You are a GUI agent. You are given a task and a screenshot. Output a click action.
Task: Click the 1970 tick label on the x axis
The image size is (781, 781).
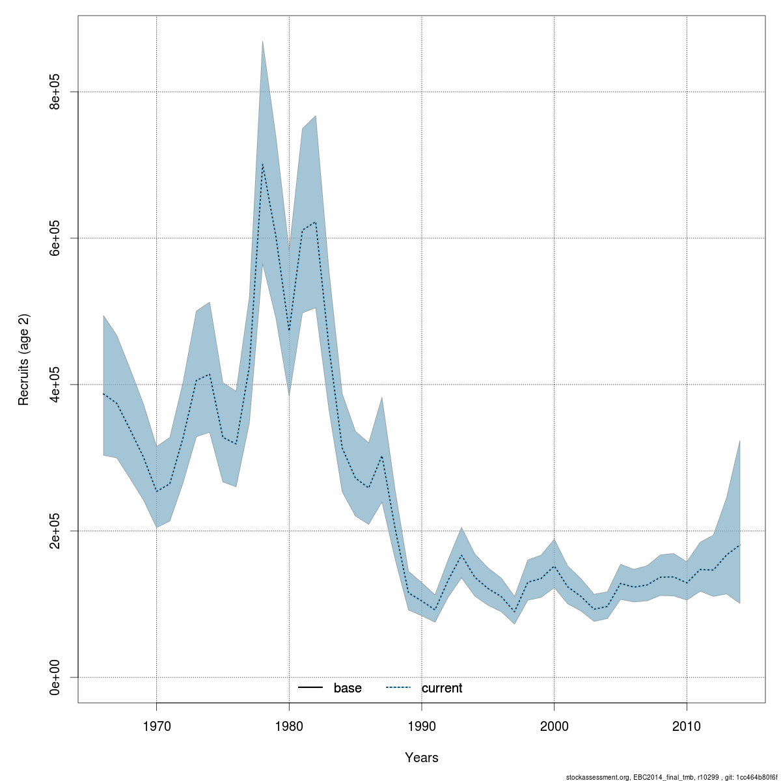(156, 726)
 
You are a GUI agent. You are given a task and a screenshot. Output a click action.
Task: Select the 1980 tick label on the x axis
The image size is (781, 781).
(289, 726)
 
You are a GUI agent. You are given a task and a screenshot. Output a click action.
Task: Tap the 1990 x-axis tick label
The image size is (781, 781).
(422, 726)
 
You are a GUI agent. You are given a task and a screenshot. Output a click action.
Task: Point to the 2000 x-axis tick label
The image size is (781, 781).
(554, 726)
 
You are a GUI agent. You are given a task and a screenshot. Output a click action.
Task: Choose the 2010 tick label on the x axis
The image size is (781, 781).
(687, 726)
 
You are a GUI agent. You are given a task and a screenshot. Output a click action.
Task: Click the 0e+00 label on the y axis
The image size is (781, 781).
(56, 678)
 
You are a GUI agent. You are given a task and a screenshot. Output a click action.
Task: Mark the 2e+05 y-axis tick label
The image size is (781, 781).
(56, 531)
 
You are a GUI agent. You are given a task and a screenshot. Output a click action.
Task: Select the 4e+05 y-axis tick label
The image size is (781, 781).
(56, 385)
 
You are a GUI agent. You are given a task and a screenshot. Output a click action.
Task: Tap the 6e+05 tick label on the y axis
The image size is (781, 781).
(56, 238)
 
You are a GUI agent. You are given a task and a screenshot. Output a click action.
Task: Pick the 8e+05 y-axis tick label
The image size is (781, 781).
(56, 92)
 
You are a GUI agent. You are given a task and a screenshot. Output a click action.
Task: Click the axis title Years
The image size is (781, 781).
(421, 758)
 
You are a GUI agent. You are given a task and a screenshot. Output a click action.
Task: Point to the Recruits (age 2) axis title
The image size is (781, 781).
(24, 360)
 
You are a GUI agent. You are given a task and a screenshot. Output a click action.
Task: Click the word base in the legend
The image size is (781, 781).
(348, 689)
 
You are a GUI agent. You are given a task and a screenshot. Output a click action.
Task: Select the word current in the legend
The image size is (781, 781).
(442, 689)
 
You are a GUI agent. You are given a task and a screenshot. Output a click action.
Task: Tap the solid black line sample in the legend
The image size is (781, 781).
(311, 688)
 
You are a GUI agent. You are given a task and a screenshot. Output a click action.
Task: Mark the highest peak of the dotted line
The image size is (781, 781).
(262, 164)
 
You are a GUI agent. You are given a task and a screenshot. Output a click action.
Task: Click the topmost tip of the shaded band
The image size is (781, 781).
(262, 41)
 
